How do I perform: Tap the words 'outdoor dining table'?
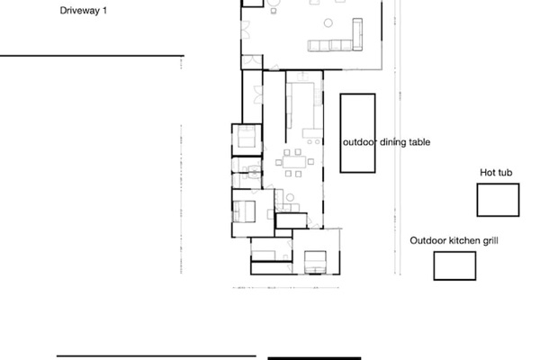coord(387,142)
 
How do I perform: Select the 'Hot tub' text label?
coord(496,172)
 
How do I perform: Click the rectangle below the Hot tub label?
coord(498,199)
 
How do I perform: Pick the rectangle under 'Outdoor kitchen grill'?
coord(454,265)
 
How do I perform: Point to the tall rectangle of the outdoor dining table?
coord(357,132)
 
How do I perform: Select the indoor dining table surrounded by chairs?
coord(293,164)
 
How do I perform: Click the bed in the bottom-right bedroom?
coord(315,261)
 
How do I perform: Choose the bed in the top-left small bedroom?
coord(246,141)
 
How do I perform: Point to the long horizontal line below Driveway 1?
coord(90,56)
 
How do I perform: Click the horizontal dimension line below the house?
coord(283,288)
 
